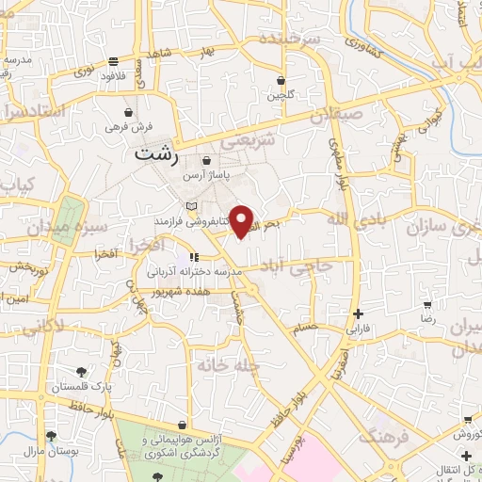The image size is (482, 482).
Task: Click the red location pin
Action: click(x=243, y=220)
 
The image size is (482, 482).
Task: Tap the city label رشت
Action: click(x=155, y=155)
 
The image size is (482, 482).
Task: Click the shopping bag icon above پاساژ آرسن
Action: click(x=205, y=161)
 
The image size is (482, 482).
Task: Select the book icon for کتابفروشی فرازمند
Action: click(x=191, y=206)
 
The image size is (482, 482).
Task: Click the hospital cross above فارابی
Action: click(x=357, y=314)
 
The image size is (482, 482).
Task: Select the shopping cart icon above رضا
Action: click(x=427, y=305)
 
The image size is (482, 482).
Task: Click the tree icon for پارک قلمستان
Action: click(x=82, y=370)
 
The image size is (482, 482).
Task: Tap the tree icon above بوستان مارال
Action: click(x=51, y=436)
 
